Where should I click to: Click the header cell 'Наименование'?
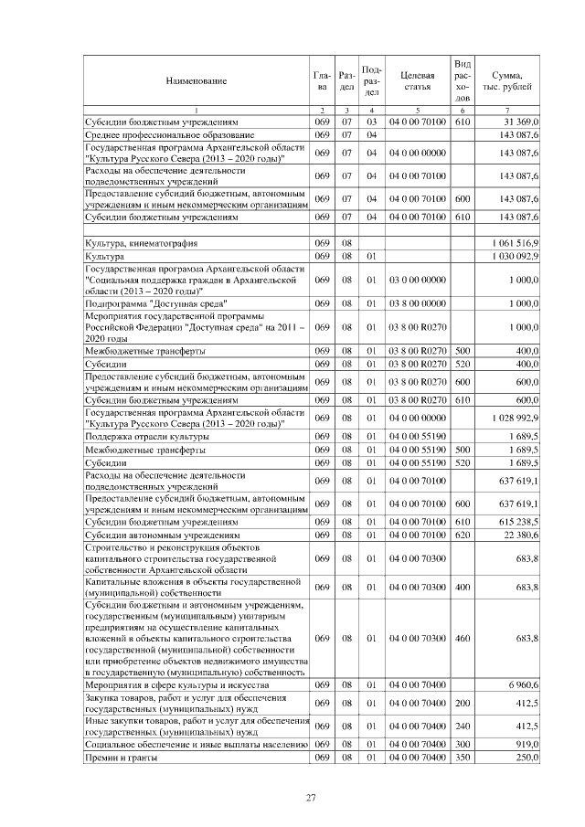[196, 81]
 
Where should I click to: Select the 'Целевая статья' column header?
[416, 81]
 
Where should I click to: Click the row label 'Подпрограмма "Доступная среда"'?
[156, 302]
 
